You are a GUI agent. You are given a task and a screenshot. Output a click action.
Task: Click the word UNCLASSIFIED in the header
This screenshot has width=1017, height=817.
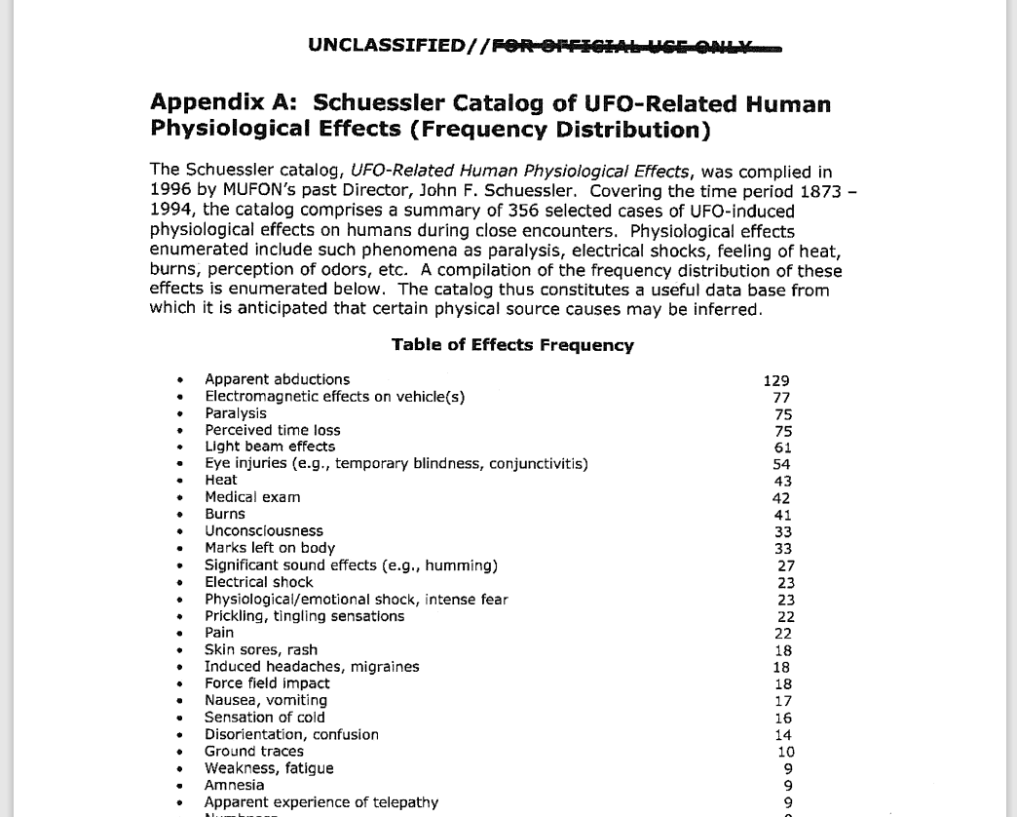pos(386,46)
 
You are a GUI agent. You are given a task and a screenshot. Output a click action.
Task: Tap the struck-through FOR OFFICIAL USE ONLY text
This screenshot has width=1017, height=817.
pos(635,47)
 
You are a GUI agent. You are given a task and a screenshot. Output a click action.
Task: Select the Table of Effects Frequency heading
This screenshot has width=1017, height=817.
pos(512,345)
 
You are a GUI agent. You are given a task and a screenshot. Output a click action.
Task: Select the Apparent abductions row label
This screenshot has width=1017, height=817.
pos(277,379)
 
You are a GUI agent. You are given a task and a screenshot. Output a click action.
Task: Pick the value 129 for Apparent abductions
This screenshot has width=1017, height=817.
pos(776,381)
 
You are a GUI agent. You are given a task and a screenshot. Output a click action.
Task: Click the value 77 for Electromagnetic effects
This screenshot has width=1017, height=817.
pos(781,398)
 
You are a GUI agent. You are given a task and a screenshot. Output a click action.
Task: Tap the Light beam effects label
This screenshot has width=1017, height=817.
pos(270,447)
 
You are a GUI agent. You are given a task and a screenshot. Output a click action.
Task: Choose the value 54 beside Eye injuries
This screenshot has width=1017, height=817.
pos(781,465)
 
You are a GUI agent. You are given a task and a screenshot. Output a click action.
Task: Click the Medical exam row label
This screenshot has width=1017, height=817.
pos(252,497)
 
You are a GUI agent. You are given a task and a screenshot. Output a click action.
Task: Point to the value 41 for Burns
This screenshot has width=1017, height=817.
pos(782,515)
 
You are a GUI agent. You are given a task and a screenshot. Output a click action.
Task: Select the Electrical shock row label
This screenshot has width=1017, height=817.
pos(259,582)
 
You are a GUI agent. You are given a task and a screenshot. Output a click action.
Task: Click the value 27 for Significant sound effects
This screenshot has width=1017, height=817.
pos(786,565)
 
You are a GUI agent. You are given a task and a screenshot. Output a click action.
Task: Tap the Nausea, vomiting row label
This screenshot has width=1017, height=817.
pos(266,700)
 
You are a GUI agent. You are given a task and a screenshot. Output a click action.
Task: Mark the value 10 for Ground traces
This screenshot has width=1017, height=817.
pos(786,752)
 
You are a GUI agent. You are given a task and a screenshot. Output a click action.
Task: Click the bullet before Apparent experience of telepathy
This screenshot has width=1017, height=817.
pos(180,803)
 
